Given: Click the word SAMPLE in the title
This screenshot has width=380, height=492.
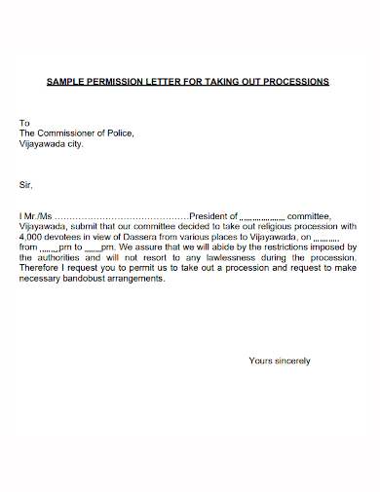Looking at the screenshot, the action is pyautogui.click(x=67, y=81).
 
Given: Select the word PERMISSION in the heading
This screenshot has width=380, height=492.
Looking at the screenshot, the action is pyautogui.click(x=118, y=81).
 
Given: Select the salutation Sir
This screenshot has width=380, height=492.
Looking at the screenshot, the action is pyautogui.click(x=26, y=183).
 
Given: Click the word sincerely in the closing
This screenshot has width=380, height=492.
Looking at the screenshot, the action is pyautogui.click(x=291, y=360).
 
